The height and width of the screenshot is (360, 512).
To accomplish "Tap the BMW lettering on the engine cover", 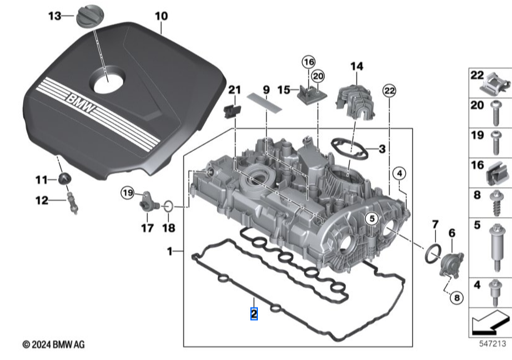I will tap(81, 106).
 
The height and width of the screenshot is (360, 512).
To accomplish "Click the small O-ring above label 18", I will tap(168, 205).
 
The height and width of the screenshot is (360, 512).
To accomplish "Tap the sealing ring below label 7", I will tap(431, 253).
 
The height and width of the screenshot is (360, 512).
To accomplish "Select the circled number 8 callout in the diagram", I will tap(456, 298).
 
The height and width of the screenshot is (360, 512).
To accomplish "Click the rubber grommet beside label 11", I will tap(63, 180).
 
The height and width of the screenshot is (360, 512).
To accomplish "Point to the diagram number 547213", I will tap(491, 343).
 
